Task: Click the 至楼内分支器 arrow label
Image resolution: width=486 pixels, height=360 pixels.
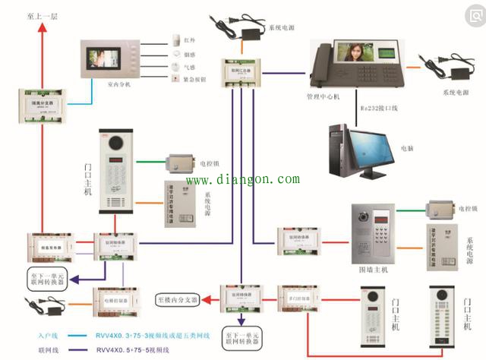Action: (x=180, y=299)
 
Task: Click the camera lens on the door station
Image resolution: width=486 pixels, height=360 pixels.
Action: (x=116, y=142)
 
